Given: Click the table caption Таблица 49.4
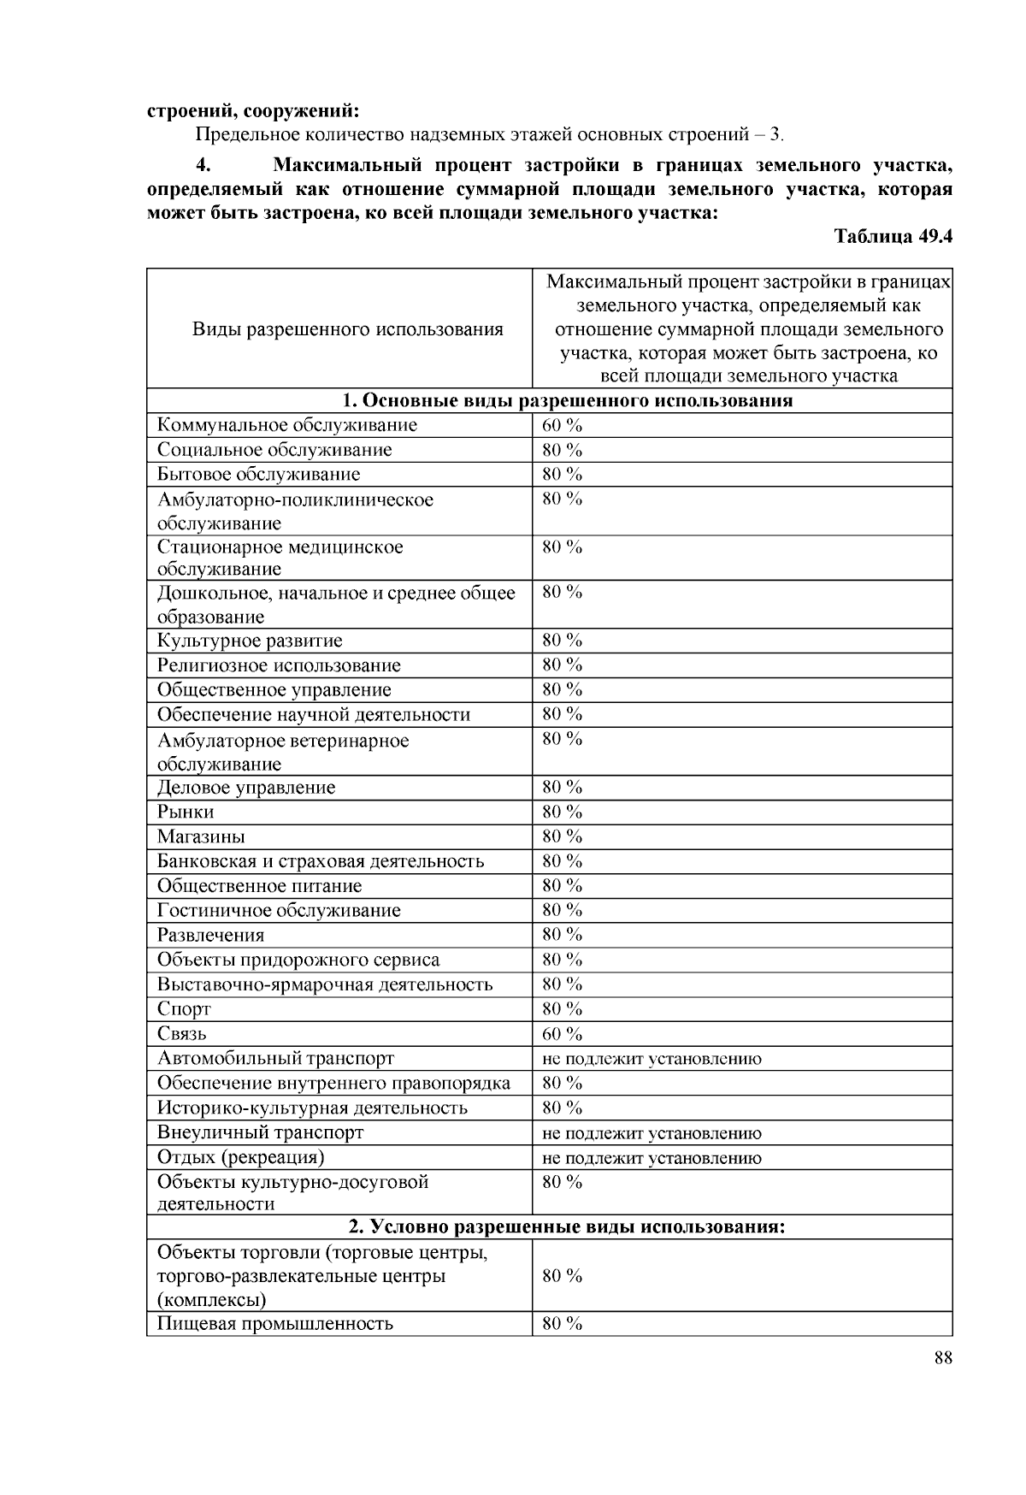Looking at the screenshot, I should tap(893, 237).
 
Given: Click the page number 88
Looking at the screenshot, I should tap(943, 1359).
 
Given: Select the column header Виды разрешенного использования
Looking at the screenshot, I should tap(347, 329).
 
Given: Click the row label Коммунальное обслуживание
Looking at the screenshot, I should tap(287, 425).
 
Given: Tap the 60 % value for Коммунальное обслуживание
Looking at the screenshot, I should tap(562, 425).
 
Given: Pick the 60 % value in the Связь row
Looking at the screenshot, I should tap(562, 1034).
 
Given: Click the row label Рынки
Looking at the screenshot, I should tap(186, 812).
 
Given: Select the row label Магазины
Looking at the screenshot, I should tap(201, 836).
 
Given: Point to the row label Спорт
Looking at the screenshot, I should tap(184, 1009).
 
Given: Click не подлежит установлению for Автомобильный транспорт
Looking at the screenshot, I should tap(652, 1059).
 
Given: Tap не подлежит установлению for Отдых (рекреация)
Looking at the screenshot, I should tap(652, 1158).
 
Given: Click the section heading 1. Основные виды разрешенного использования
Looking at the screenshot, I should tap(567, 400).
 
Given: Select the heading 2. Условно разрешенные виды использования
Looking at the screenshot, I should tap(567, 1227).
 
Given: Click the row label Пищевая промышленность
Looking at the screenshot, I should tap(275, 1324).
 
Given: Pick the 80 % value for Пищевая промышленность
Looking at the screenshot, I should tap(562, 1324).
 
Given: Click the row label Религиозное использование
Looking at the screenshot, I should tap(279, 665).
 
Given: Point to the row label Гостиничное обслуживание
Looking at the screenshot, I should tap(279, 910).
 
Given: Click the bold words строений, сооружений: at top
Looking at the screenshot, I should tap(253, 110).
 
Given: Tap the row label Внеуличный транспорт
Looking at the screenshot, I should tap(261, 1132).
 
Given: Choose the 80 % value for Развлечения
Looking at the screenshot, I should tap(562, 935).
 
